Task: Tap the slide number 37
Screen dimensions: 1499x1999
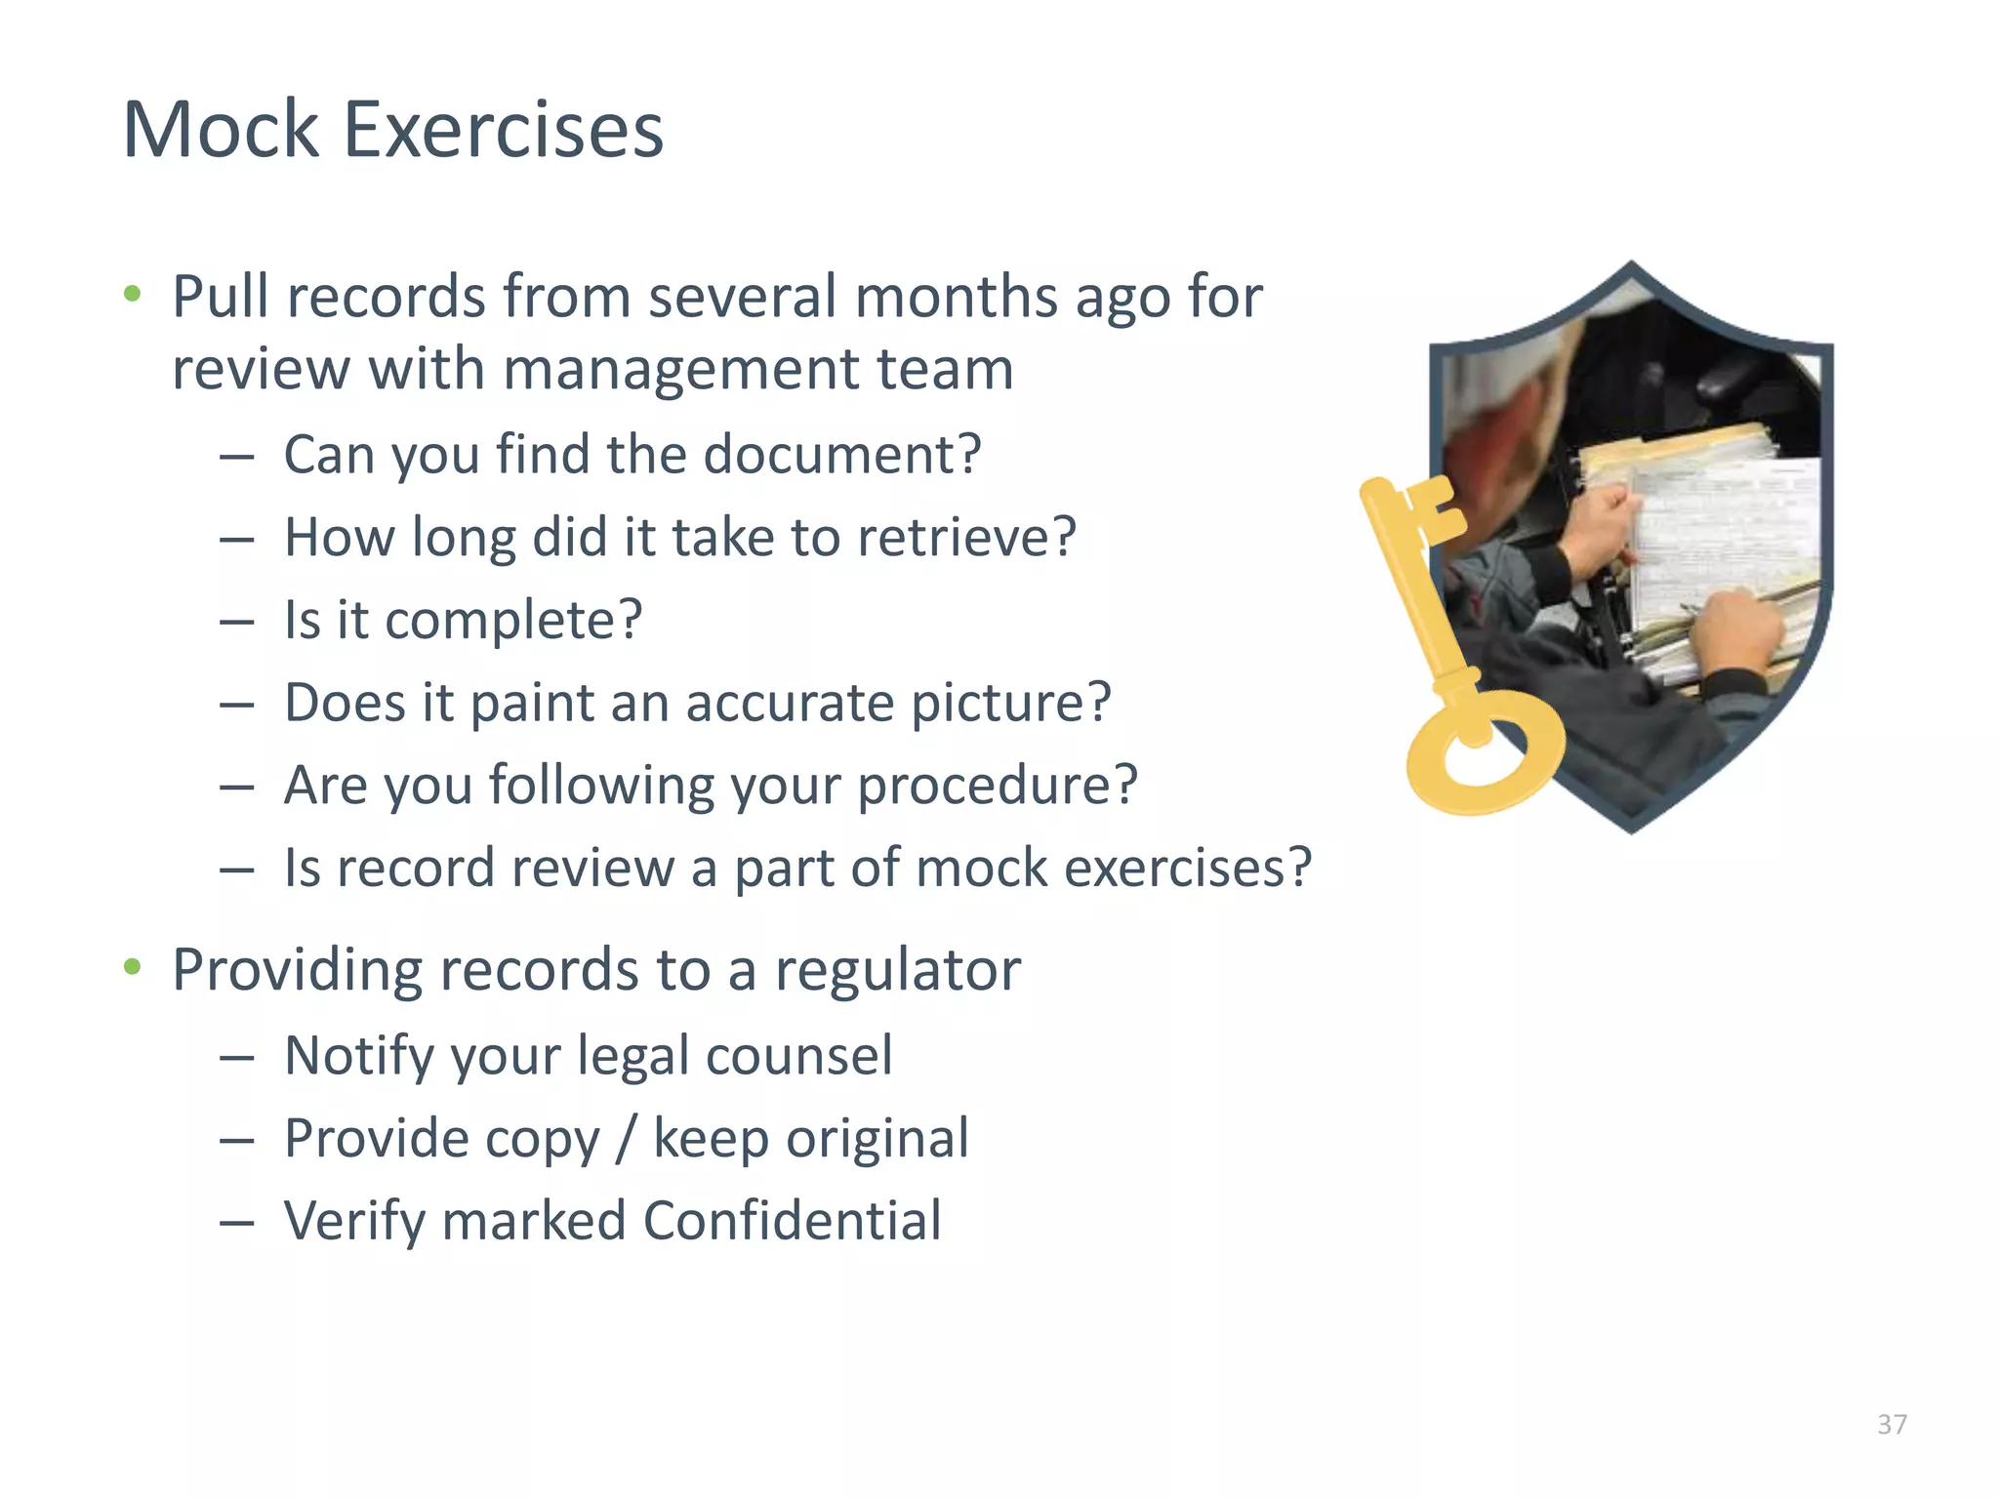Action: pos(1892,1425)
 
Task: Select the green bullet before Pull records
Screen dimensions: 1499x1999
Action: pos(133,293)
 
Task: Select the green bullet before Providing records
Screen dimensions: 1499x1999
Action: pos(133,967)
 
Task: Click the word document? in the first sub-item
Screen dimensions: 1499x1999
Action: pos(841,455)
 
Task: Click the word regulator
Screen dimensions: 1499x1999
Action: pos(898,970)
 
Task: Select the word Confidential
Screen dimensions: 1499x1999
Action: pos(792,1221)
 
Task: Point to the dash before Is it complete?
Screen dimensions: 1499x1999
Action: pos(237,622)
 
